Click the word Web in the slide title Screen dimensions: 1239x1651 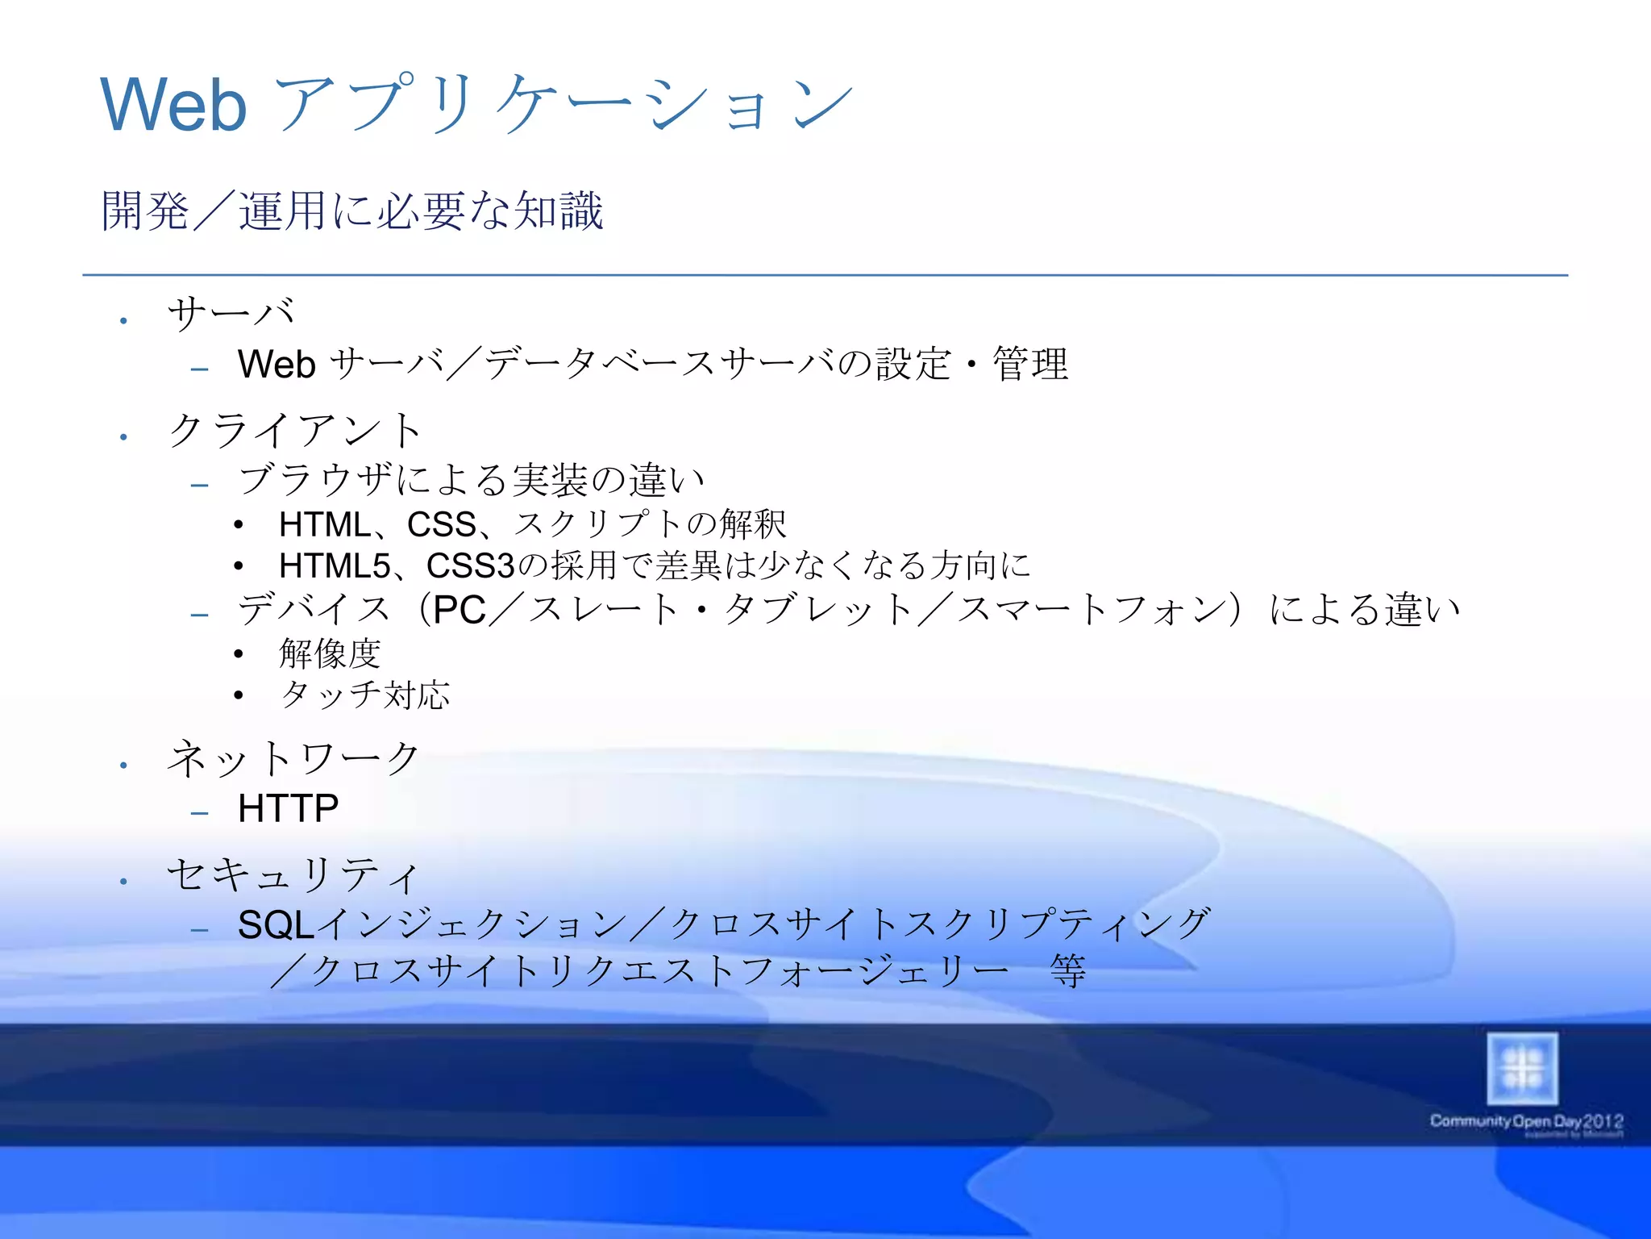(173, 105)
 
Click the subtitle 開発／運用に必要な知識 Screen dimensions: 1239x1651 (352, 211)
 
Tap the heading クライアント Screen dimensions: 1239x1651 (294, 430)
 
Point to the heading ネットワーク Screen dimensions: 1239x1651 (293, 759)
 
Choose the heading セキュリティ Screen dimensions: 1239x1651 (293, 875)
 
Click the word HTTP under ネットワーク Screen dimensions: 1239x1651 (288, 808)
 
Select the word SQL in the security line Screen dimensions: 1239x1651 (275, 925)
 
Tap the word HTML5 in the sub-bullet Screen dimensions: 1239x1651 (335, 566)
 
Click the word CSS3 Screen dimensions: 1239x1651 (469, 566)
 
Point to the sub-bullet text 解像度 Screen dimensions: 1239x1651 (330, 653)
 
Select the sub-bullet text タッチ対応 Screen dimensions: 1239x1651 (364, 695)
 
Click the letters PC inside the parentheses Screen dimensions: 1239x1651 (460, 611)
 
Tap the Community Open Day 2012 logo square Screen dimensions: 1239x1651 (1522, 1070)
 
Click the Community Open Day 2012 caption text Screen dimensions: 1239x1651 (1526, 1121)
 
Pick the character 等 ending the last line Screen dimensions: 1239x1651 (1068, 971)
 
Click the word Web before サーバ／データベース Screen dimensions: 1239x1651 (276, 365)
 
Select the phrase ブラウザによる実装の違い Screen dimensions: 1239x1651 (472, 481)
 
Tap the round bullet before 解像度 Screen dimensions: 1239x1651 (239, 654)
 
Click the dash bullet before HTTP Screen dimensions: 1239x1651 (200, 813)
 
